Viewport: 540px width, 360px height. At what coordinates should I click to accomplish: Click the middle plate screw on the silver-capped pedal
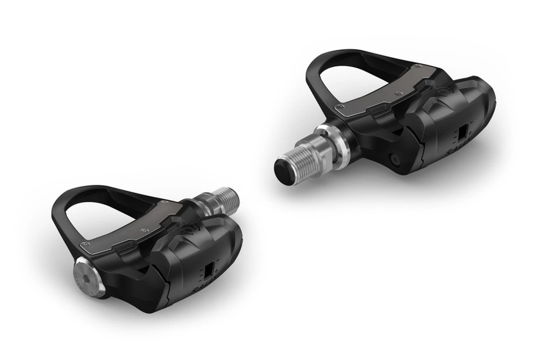coord(146,230)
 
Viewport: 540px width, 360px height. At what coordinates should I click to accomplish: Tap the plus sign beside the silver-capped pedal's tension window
coord(216,269)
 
